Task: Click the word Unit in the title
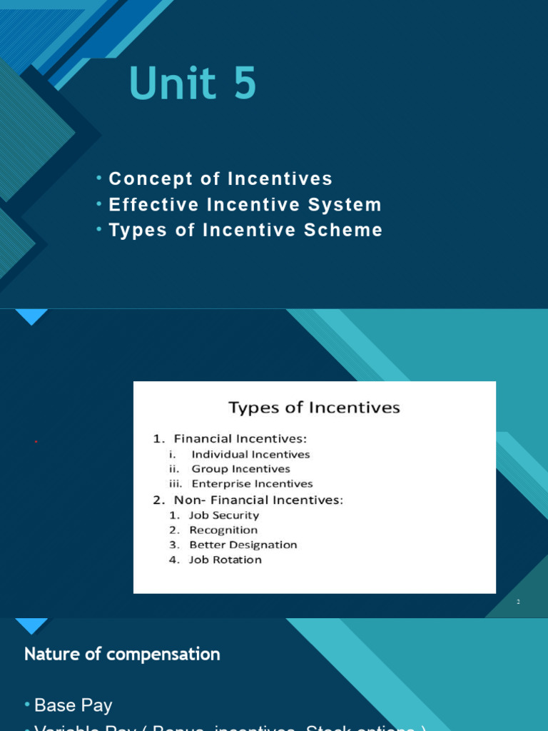pos(172,84)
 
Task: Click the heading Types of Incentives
pos(314,408)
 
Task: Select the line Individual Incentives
pos(250,454)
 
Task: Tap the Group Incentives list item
pos(240,469)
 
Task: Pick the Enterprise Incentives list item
pos(252,484)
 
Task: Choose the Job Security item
pos(223,515)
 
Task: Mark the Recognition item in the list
pos(223,530)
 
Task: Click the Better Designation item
pos(243,545)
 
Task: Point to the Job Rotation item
pos(225,560)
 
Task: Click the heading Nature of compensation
pos(122,654)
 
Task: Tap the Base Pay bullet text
pos(73,705)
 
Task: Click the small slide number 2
pos(519,603)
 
